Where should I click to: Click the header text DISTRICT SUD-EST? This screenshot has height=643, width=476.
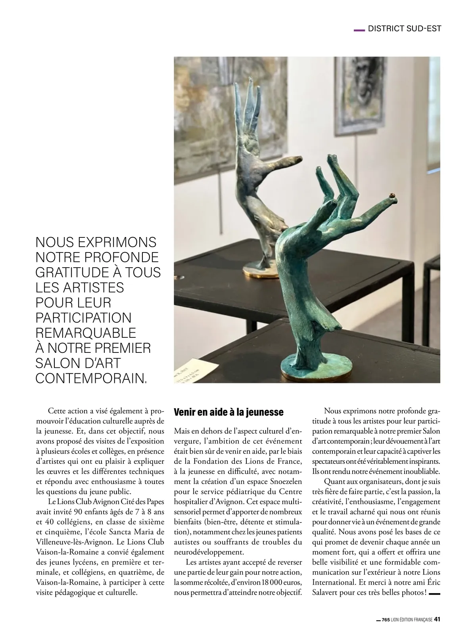point(405,29)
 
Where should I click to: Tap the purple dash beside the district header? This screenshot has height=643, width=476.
point(359,29)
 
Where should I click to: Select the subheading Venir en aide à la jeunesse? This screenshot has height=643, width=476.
point(229,412)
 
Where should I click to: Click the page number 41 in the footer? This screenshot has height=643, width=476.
point(438,620)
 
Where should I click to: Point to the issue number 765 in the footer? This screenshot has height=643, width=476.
point(386,620)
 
